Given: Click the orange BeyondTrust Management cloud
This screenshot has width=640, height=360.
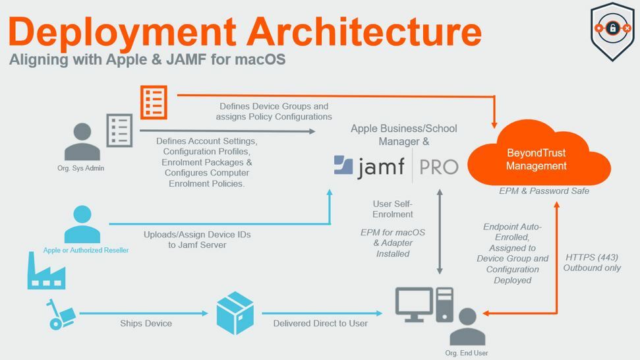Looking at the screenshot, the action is click(538, 155).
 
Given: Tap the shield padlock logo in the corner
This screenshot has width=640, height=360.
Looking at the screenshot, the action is click(612, 32).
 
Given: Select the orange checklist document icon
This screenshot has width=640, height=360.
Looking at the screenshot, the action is click(154, 102).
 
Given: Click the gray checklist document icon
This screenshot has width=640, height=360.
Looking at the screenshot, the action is click(119, 130).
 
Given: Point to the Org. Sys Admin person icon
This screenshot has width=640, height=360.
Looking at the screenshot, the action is click(82, 141).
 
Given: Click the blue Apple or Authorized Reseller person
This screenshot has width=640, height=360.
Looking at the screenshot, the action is click(82, 224).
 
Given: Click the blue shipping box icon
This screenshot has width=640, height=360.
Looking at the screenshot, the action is click(235, 313).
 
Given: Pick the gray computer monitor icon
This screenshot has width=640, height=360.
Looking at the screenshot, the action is click(415, 304).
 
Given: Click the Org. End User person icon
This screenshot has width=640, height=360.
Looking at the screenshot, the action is click(467, 326).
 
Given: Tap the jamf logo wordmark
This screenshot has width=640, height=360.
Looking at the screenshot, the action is click(369, 167).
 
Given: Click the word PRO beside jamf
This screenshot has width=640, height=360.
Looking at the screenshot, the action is click(439, 167).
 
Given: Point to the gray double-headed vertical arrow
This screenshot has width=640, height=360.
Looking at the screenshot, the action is click(440, 231).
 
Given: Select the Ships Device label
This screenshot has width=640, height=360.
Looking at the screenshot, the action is click(146, 323).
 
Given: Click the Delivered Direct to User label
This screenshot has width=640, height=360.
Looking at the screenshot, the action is click(320, 323).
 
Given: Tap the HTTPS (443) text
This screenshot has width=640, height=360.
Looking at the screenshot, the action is click(592, 258).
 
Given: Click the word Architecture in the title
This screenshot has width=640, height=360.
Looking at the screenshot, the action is click(364, 32).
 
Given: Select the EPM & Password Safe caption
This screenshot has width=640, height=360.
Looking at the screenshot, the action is click(544, 191).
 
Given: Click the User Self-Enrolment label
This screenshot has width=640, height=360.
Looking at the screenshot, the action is click(393, 209).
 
